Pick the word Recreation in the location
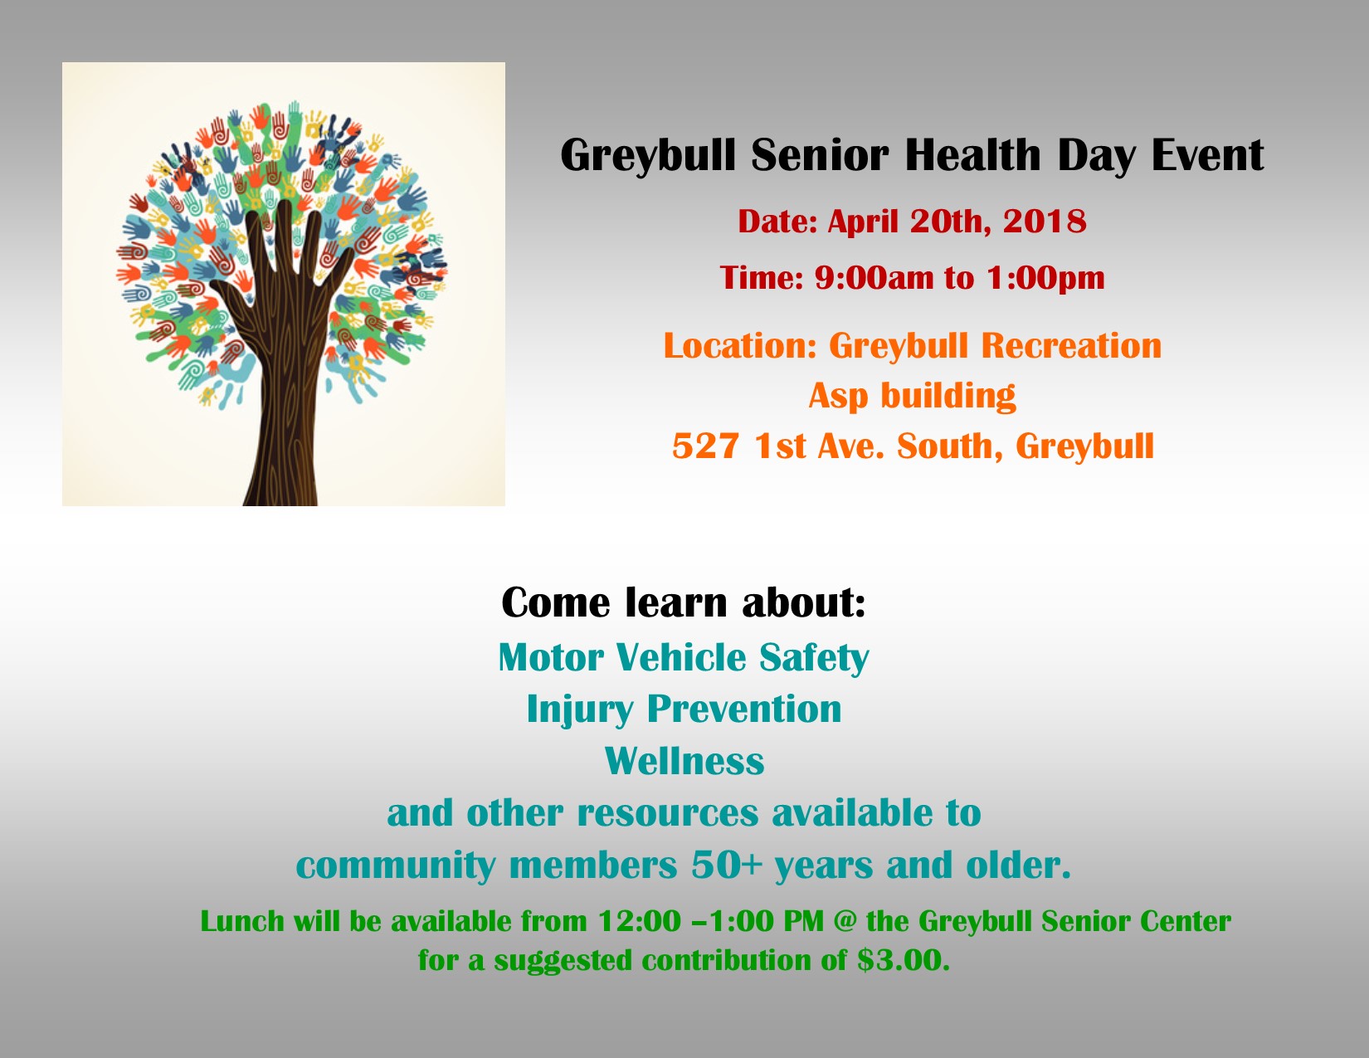pos(1071,346)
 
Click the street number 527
pos(705,446)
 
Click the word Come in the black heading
pos(555,602)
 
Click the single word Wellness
pos(684,761)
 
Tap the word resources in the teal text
pos(667,813)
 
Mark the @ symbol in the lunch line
pos(845,922)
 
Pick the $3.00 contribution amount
pos(902,960)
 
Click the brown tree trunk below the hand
pos(284,441)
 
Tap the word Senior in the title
pos(821,155)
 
